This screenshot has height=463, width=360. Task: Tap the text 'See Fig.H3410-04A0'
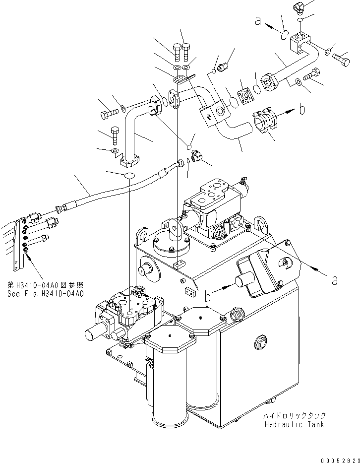(46, 293)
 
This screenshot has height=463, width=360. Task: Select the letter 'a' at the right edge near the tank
(335, 280)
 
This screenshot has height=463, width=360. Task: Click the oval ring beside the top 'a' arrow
(285, 35)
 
